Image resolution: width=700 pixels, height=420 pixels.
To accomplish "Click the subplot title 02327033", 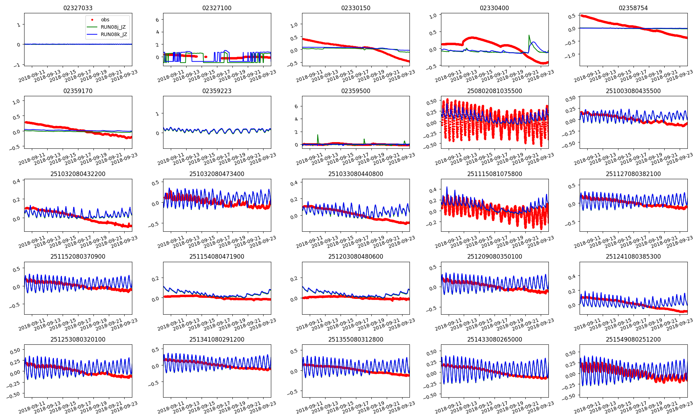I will tap(78, 8).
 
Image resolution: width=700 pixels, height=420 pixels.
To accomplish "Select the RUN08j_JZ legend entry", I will tap(113, 27).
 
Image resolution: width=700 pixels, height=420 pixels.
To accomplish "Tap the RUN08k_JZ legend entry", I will tap(113, 34).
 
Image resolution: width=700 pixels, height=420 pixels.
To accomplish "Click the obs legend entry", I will tap(105, 20).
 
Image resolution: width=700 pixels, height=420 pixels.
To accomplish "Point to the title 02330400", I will tap(494, 8).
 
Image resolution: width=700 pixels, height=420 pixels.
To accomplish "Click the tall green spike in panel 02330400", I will tap(529, 35).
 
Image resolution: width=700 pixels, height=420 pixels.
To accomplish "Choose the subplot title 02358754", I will tap(633, 8).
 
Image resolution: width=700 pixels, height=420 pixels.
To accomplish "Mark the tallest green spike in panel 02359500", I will tap(318, 135).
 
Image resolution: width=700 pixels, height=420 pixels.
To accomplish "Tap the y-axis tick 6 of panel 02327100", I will tap(157, 20).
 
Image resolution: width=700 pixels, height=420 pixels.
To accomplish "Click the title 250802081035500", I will tap(494, 91).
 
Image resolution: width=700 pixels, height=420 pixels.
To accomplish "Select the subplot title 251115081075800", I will tap(494, 174).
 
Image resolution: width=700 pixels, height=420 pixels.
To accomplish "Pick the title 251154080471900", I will tap(217, 257).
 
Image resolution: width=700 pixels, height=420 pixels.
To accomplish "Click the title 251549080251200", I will tap(633, 339).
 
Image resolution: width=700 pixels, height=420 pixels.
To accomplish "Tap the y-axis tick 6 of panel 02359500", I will tap(296, 106).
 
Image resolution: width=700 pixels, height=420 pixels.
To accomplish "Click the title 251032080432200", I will tap(78, 174).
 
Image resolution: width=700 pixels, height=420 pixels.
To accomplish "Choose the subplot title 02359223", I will tap(217, 91).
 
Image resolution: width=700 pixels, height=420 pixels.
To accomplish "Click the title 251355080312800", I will tap(356, 339).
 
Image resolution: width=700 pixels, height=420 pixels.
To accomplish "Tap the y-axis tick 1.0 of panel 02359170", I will tap(16, 101).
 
